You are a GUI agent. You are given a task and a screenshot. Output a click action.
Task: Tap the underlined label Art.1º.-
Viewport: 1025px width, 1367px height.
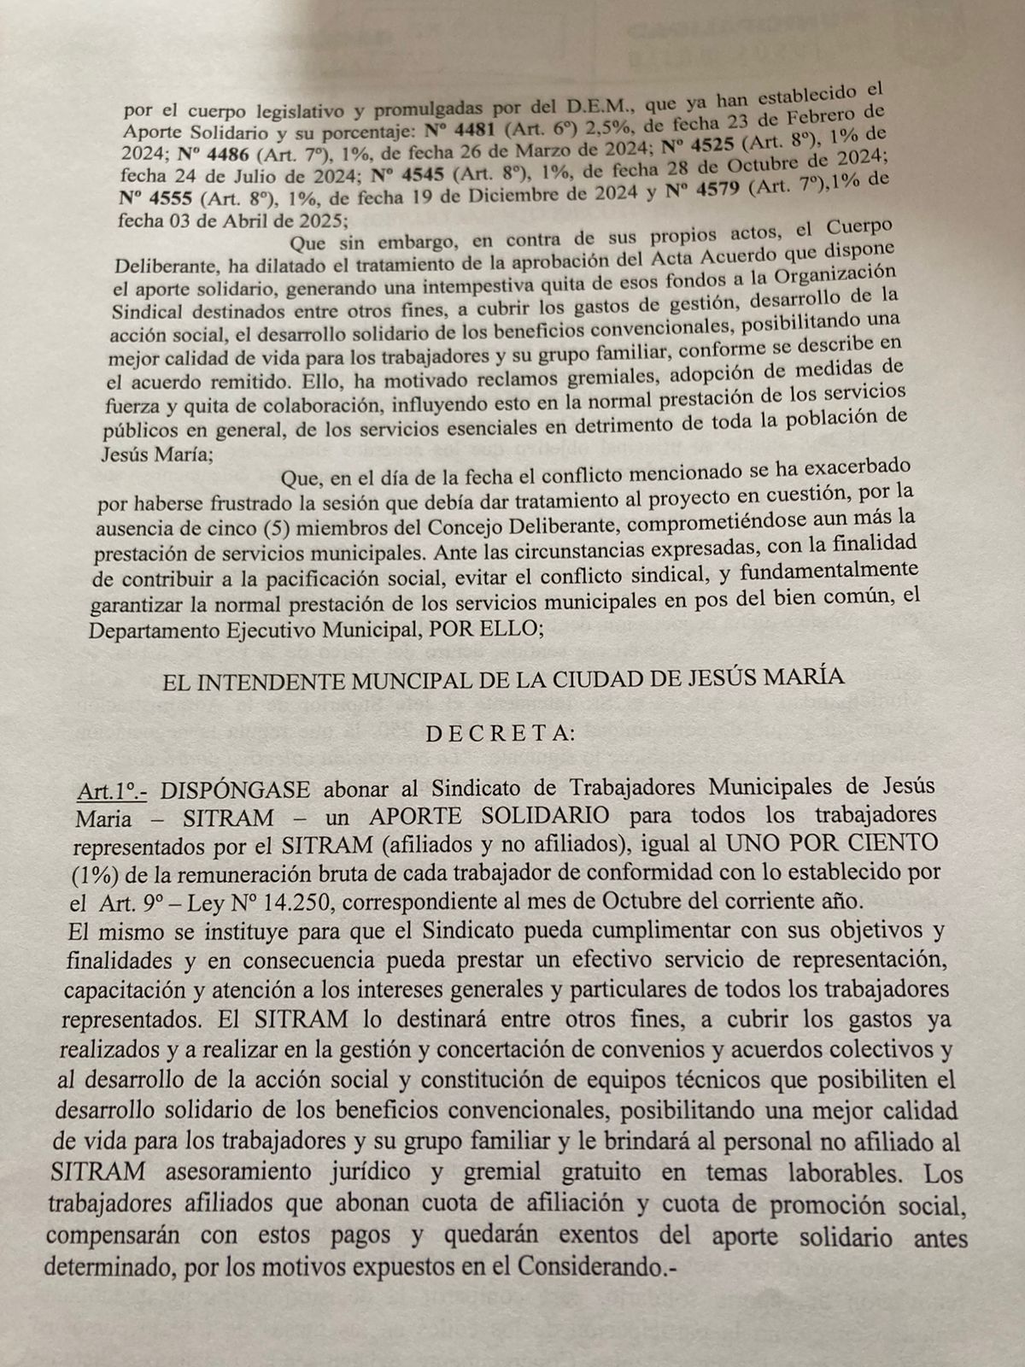(x=110, y=789)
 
